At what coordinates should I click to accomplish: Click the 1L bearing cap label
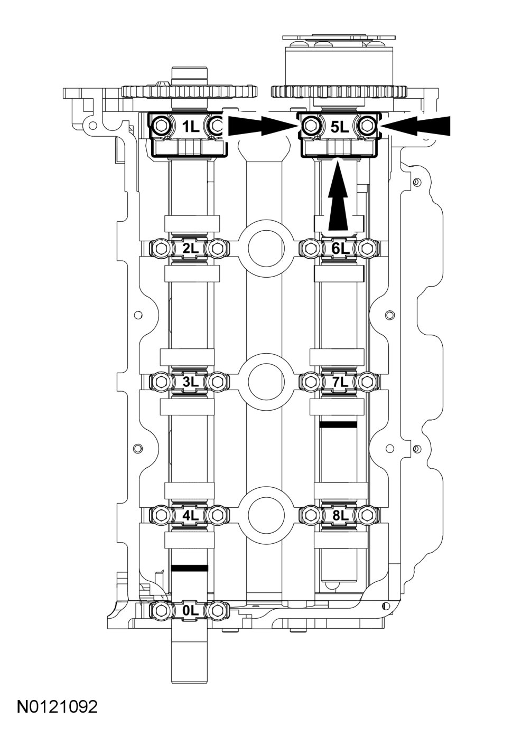point(189,126)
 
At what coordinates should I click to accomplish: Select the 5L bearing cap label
point(338,126)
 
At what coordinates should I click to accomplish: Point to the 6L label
point(338,248)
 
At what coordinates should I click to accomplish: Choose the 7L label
point(338,381)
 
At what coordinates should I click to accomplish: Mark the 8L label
point(338,514)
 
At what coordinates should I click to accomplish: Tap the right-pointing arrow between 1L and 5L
point(262,126)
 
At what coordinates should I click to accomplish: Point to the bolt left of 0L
point(161,610)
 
